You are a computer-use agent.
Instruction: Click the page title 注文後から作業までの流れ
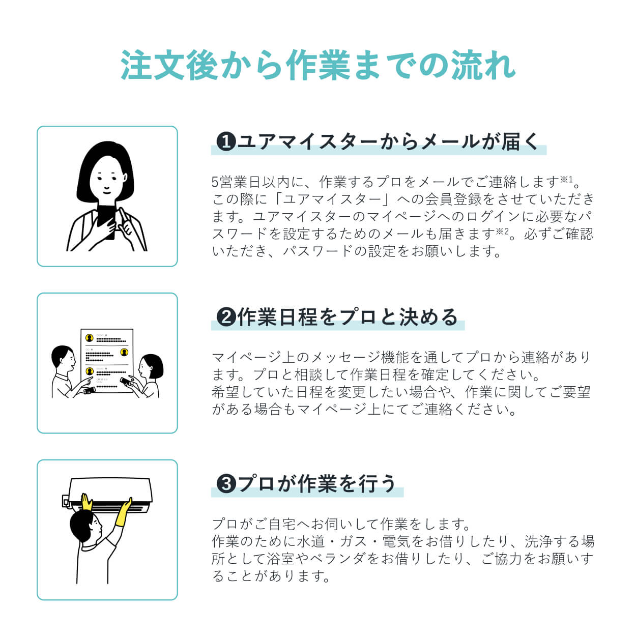pyautogui.click(x=318, y=66)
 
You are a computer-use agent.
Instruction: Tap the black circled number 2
pyautogui.click(x=225, y=317)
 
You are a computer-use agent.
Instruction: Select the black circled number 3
pyautogui.click(x=225, y=484)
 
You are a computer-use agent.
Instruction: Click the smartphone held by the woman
pyautogui.click(x=107, y=219)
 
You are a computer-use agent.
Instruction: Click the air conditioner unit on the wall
pyautogui.click(x=109, y=491)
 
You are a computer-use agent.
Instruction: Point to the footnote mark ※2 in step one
pyautogui.click(x=502, y=232)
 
